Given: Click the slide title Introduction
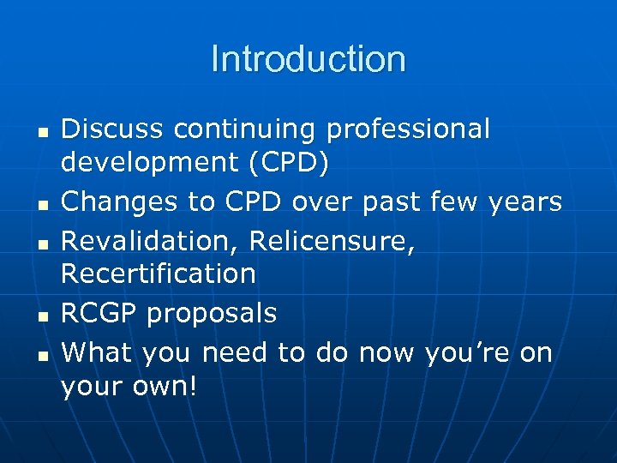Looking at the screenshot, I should click(x=308, y=59).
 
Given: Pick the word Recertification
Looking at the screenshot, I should click(x=159, y=274).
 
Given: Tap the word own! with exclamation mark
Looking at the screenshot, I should click(x=165, y=388).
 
